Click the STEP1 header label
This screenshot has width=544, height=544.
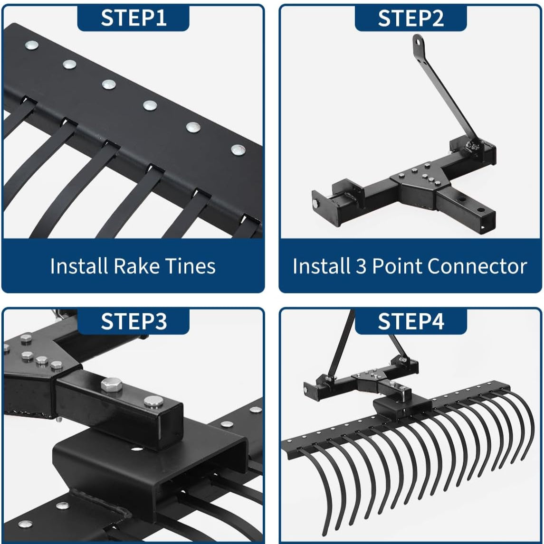(x=134, y=18)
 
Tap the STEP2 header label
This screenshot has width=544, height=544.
(x=410, y=18)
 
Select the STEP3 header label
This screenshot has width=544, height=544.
(x=134, y=321)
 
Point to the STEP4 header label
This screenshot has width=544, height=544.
(x=410, y=321)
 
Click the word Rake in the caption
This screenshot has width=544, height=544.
(x=137, y=266)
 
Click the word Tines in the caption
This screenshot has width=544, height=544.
(x=190, y=266)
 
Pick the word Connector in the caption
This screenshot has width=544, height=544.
(x=477, y=266)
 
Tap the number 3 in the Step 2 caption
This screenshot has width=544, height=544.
(x=361, y=266)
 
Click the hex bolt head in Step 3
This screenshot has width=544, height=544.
(x=112, y=385)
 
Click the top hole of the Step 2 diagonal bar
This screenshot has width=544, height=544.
(x=418, y=42)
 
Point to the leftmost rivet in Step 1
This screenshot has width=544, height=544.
(x=31, y=45)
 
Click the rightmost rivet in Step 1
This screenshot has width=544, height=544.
(x=238, y=150)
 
